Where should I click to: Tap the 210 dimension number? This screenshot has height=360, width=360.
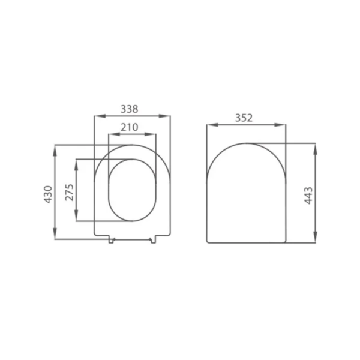click(x=130, y=127)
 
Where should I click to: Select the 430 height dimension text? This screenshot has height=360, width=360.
click(x=49, y=194)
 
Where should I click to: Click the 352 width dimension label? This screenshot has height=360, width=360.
click(x=244, y=118)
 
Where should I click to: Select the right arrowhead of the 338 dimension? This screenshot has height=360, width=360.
click(x=167, y=116)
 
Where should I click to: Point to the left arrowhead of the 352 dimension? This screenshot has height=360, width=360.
click(x=210, y=125)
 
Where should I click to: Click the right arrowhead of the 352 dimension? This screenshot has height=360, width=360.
click(x=282, y=125)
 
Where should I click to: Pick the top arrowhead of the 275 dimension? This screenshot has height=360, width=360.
click(x=77, y=163)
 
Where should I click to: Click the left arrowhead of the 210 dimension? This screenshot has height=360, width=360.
click(x=110, y=134)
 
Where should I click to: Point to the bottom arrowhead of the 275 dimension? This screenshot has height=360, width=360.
click(x=77, y=218)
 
